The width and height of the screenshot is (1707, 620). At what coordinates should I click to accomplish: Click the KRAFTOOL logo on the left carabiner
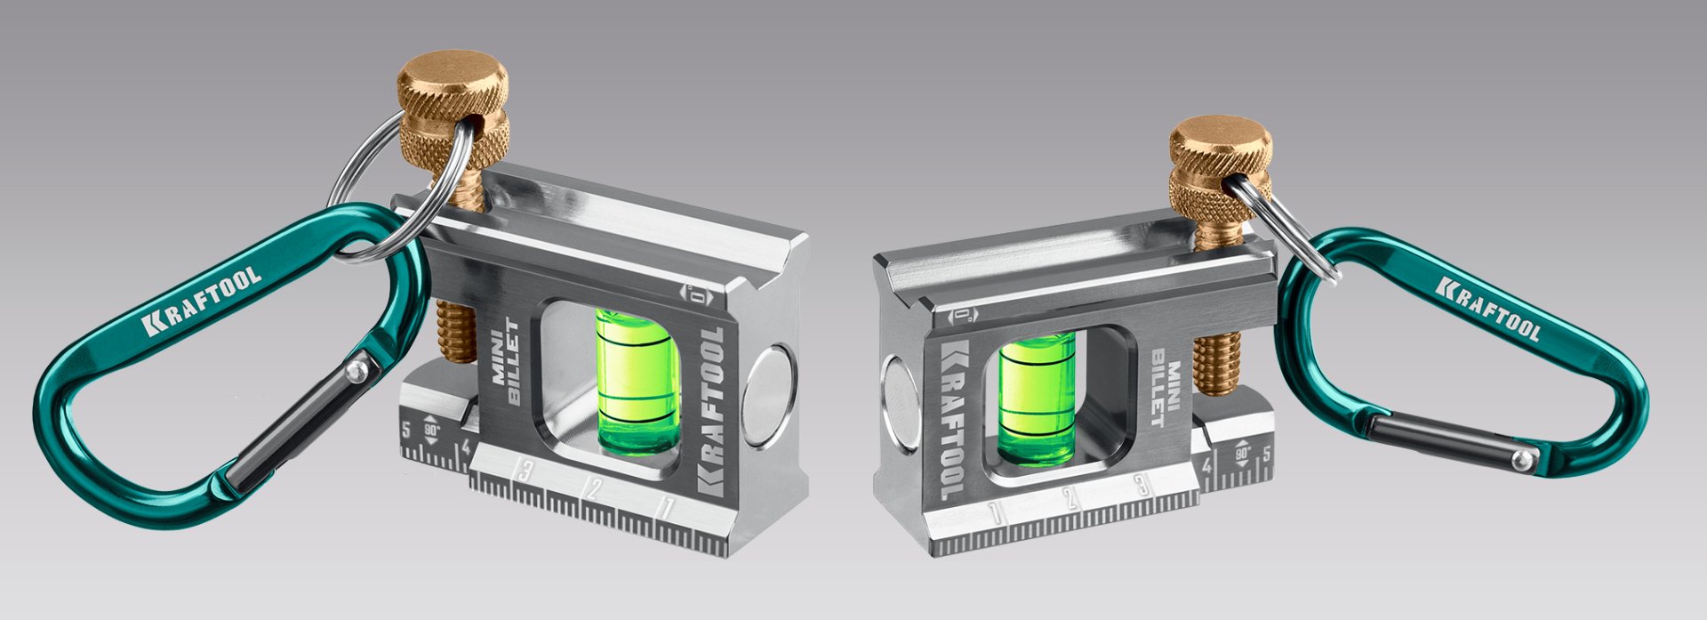click(202, 301)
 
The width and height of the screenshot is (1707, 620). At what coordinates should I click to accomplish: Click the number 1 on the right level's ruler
click(995, 511)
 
